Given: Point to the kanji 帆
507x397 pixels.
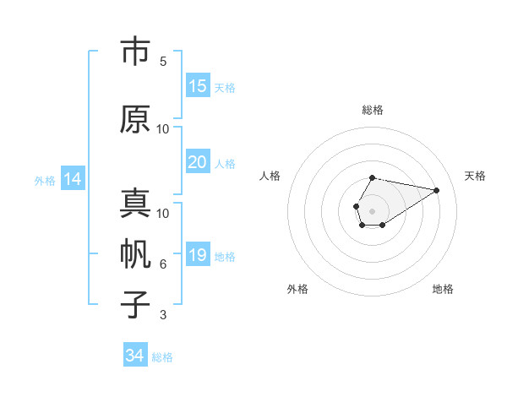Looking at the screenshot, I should tap(135, 254).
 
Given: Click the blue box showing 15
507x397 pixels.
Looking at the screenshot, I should tap(198, 86).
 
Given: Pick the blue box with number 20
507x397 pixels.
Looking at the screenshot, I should tap(198, 163).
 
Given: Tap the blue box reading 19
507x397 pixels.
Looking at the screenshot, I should tap(198, 256).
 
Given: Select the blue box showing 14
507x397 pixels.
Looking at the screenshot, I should tap(73, 179).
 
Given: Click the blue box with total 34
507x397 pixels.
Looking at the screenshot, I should tap(135, 356).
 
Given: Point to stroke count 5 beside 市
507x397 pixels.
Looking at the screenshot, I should tap(163, 61).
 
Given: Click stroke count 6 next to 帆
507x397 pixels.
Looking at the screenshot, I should tap(163, 264).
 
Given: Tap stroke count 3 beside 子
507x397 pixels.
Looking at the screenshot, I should tap(163, 315).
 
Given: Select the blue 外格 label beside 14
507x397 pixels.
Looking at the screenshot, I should tap(45, 180).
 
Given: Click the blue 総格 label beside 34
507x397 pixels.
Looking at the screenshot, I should tap(162, 357).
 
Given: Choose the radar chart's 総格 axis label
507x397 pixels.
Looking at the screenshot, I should tap(372, 110).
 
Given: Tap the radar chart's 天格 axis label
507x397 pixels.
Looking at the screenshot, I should tap(475, 176).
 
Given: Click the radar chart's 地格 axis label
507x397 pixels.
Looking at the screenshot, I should tap(443, 289).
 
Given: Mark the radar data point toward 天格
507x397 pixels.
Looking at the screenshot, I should tap(437, 189).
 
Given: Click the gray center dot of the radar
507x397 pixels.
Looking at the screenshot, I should tap(372, 209).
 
